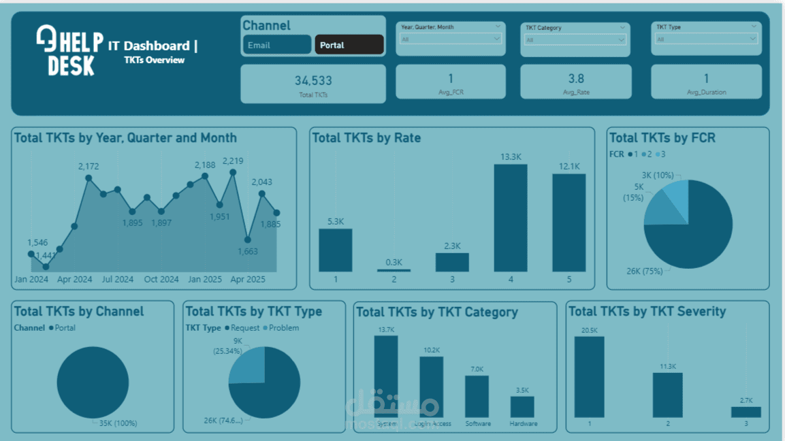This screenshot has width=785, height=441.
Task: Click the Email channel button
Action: pos(276,45)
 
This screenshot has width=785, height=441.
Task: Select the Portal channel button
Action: pos(349,45)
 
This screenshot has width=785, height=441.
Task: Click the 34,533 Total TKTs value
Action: pos(313,80)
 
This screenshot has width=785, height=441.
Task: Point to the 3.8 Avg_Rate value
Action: pos(576,79)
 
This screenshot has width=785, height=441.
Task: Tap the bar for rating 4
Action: pos(510,218)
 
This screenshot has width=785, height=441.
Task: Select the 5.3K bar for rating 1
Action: pos(336,250)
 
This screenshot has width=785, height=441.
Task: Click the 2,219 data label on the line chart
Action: pos(233,161)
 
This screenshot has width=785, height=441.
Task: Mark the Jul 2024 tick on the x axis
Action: pos(118,279)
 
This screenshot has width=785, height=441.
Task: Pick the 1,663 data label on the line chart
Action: pos(247,252)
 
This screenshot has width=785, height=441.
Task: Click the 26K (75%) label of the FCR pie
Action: pos(645,271)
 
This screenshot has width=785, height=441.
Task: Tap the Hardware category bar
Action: pos(522,407)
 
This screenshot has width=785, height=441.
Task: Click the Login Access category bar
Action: pos(431,387)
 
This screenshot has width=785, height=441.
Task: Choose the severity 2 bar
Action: pos(667,395)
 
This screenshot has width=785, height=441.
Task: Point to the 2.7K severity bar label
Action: pos(746,401)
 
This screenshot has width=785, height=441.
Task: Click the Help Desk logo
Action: pos(69,50)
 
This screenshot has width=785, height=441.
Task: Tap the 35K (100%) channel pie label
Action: pos(117,423)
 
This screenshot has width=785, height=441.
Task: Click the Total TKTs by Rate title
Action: pos(366,138)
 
